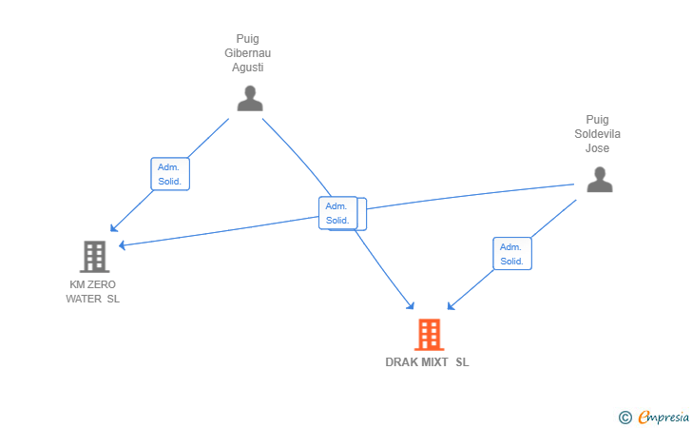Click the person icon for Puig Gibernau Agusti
click(x=249, y=99)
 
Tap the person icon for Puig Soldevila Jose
click(x=599, y=180)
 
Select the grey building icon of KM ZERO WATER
click(x=94, y=256)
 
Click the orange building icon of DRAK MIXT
click(x=429, y=335)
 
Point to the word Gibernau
click(x=248, y=53)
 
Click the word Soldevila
click(x=597, y=134)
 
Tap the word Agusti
click(x=248, y=68)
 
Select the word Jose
click(x=597, y=148)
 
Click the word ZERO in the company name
click(x=102, y=284)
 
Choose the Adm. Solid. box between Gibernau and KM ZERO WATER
click(x=169, y=174)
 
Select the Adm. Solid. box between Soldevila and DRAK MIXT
click(x=512, y=254)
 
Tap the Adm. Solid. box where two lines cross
click(x=338, y=213)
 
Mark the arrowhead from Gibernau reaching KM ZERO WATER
click(x=112, y=229)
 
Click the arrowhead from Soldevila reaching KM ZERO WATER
click(x=121, y=245)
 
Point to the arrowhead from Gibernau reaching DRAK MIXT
click(x=412, y=306)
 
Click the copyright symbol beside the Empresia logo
click(x=625, y=417)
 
